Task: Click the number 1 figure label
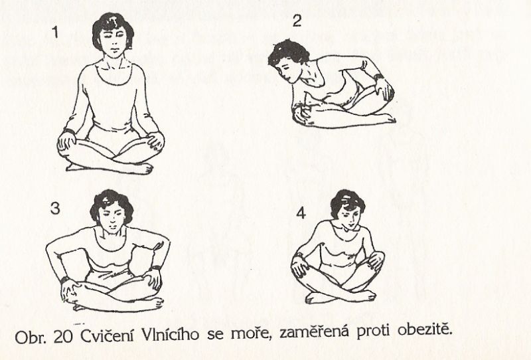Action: point(55,32)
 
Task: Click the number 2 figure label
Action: point(297,21)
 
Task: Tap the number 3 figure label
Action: point(55,208)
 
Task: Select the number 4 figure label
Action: point(301,213)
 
